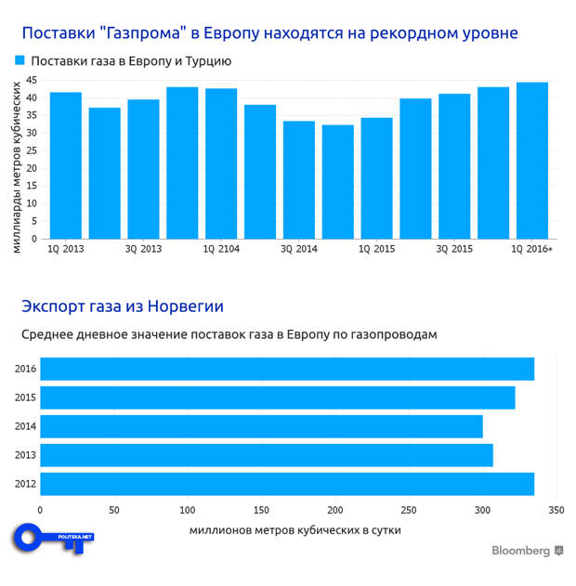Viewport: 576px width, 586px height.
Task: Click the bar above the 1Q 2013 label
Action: (x=66, y=165)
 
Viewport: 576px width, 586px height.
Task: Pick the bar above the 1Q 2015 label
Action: (x=376, y=177)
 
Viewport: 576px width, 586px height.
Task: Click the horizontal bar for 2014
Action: (x=261, y=426)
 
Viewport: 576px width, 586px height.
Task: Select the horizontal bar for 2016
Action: (x=286, y=369)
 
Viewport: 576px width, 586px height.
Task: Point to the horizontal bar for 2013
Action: (x=266, y=455)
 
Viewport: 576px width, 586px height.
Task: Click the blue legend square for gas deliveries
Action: (x=20, y=60)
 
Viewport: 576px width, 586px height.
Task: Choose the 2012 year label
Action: (x=26, y=484)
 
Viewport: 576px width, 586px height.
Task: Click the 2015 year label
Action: (x=26, y=397)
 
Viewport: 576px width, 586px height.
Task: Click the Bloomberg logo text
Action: (x=520, y=551)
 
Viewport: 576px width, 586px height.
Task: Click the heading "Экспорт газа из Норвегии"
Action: (x=123, y=306)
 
